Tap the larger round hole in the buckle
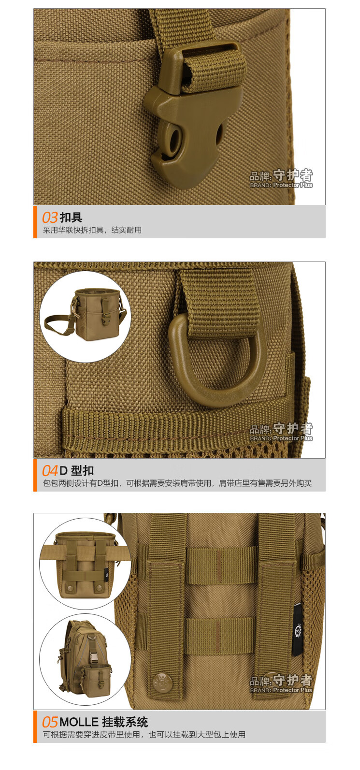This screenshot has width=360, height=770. coord(173,139)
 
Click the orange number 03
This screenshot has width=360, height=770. coord(50,218)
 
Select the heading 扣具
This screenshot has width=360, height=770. coord(71,218)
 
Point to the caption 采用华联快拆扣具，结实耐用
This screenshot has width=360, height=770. coord(92,231)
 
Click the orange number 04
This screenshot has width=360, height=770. coord(50,471)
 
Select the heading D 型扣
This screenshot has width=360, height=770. coord(77,471)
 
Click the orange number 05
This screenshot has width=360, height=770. coord(50,723)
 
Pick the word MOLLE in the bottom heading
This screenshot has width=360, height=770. coord(79,723)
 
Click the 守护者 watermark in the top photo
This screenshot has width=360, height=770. coord(292,175)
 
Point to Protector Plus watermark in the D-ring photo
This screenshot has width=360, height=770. coord(293,438)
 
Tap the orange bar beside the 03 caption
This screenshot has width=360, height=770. coord(35,222)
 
